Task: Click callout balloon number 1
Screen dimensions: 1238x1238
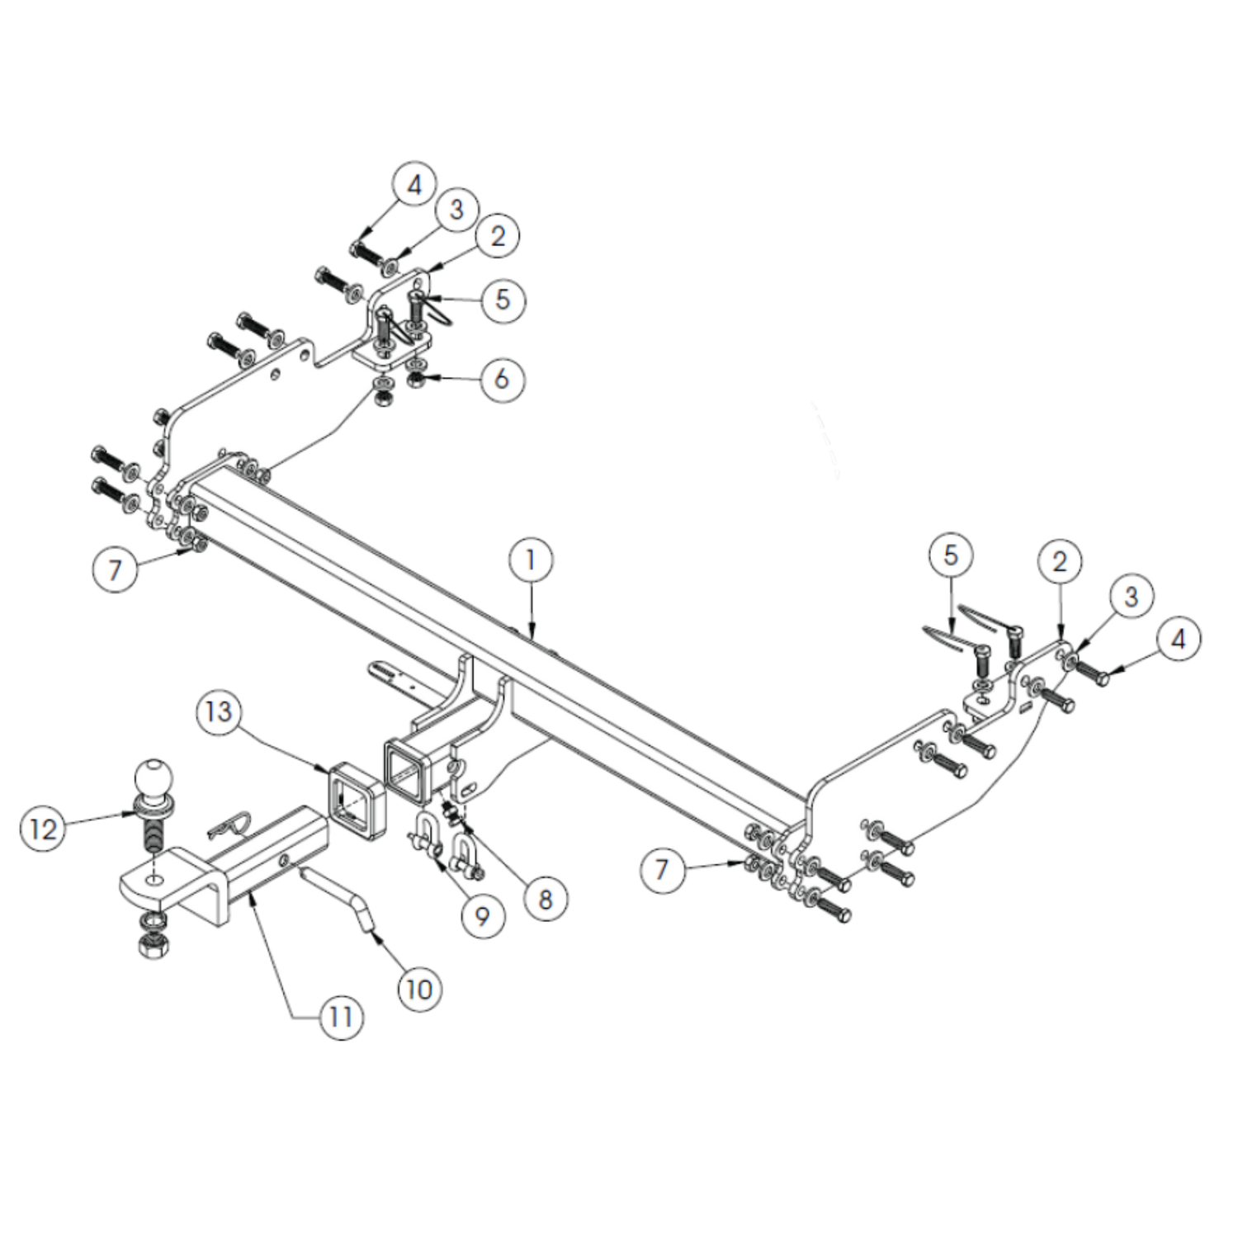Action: [x=531, y=560]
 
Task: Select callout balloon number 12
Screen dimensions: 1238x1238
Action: [x=43, y=828]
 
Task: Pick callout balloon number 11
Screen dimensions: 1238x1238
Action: [x=342, y=1016]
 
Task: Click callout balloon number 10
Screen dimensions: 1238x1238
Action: [x=419, y=989]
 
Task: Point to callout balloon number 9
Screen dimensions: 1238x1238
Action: [x=482, y=915]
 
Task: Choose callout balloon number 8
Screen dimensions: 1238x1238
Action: [x=545, y=899]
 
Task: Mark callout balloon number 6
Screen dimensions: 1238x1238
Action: [x=502, y=379]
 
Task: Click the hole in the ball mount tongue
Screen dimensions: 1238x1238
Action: [x=154, y=881]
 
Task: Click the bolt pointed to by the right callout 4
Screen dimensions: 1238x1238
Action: [x=1091, y=672]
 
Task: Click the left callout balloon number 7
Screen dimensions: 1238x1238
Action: [x=115, y=569]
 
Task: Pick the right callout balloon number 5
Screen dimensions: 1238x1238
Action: [x=951, y=555]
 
